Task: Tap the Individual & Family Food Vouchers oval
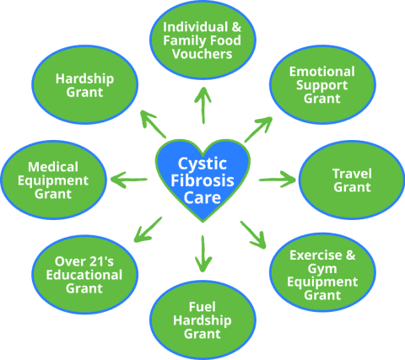point(202,39)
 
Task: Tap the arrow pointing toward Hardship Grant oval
point(152,124)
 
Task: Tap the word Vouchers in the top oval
point(202,54)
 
